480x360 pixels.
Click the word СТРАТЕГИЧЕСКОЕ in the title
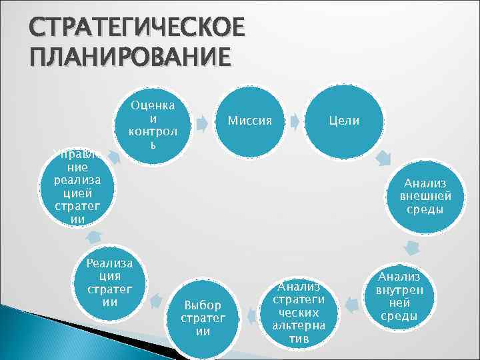[127, 28]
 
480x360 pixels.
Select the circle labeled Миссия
[249, 121]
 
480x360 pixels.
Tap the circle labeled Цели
[343, 121]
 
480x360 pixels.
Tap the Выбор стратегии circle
[203, 319]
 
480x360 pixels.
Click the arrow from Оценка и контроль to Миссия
[199, 121]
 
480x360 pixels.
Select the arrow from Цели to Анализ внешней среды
[383, 159]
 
